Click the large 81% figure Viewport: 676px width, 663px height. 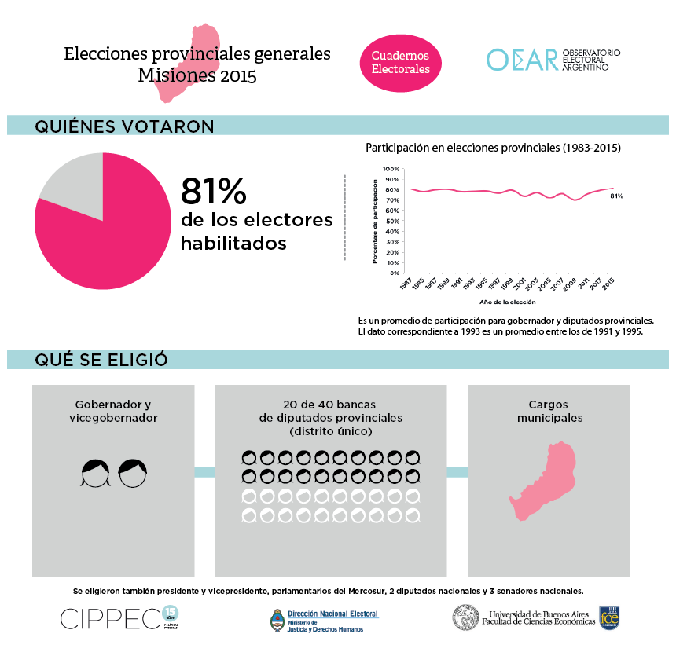[x=214, y=191]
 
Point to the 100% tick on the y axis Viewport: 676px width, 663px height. [x=391, y=168]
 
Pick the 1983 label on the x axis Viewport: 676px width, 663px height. [x=406, y=284]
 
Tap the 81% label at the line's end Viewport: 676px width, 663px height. [x=616, y=196]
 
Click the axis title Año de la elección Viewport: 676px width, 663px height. [x=507, y=302]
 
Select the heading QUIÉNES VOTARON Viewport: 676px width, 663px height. [x=124, y=126]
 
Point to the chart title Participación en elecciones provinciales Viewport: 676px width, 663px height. [x=494, y=147]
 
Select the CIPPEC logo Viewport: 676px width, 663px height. [x=110, y=618]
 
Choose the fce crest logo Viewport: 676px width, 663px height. [x=610, y=617]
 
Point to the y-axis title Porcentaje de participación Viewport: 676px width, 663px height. [x=376, y=222]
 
